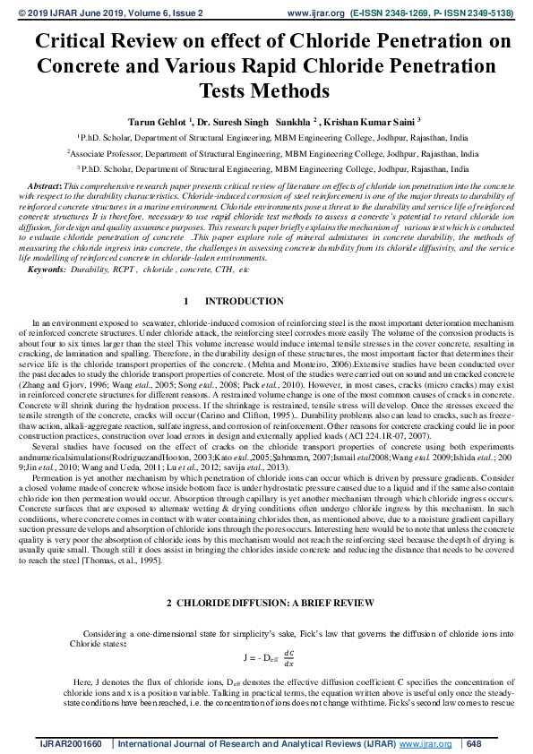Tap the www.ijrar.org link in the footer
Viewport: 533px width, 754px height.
point(426,743)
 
